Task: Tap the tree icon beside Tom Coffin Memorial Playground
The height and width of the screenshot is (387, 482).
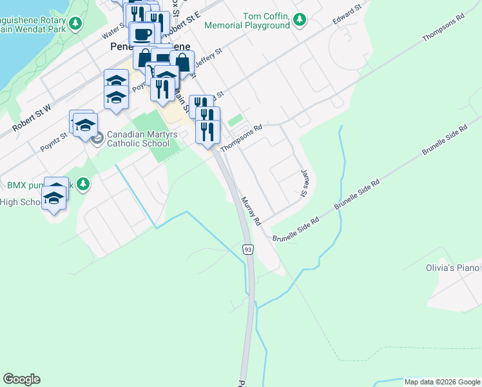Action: tap(299, 21)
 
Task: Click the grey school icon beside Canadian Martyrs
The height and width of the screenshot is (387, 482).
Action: tap(97, 138)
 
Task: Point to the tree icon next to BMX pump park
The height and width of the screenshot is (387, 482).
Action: tap(82, 184)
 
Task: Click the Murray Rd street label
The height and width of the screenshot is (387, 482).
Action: tap(251, 211)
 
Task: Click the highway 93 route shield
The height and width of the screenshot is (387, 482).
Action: tap(247, 249)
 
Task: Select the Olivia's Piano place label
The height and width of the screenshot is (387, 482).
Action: tap(453, 268)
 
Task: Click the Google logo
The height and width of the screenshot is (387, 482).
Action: tap(21, 379)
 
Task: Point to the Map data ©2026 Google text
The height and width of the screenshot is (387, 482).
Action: tap(442, 382)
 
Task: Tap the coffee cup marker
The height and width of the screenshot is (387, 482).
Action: tap(142, 34)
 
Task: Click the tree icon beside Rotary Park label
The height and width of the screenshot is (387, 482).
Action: tap(76, 24)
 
